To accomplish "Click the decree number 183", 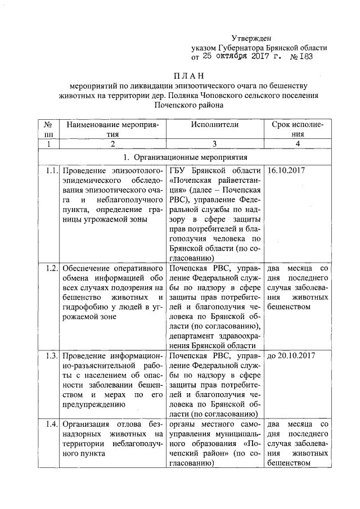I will (x=305, y=57).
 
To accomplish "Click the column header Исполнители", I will (x=214, y=124).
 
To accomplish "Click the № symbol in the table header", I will (x=48, y=124).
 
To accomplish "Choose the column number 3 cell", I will (x=214, y=144).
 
